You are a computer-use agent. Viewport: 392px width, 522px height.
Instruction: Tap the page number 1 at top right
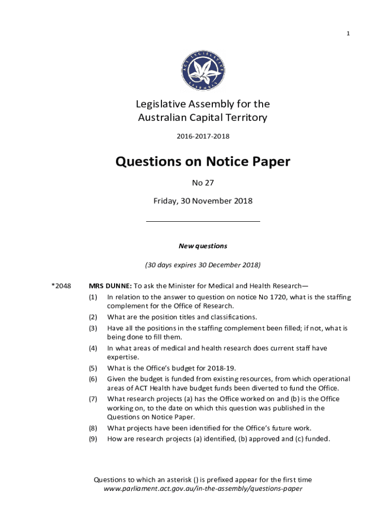[x=348, y=34]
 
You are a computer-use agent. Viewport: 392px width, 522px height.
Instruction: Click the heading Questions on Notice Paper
[x=203, y=162]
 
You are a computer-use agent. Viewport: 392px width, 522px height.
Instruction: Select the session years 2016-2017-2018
[x=203, y=136]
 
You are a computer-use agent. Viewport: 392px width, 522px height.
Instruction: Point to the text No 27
[x=203, y=182]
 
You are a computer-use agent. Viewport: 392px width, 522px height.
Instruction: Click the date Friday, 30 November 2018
[x=203, y=201]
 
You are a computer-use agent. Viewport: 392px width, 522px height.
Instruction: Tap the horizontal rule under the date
[x=203, y=221]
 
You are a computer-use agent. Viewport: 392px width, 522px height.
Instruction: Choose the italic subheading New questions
[x=203, y=246]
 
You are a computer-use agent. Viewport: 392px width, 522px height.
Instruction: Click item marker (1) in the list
[x=93, y=297]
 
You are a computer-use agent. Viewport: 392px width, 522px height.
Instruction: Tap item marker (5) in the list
[x=93, y=368]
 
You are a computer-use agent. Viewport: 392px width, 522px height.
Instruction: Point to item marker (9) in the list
[x=93, y=438]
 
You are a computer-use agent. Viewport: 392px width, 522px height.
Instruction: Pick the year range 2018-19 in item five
[x=222, y=368]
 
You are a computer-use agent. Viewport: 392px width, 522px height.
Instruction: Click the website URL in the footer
[x=203, y=488]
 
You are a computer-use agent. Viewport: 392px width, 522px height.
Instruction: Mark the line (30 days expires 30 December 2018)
[x=203, y=265]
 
